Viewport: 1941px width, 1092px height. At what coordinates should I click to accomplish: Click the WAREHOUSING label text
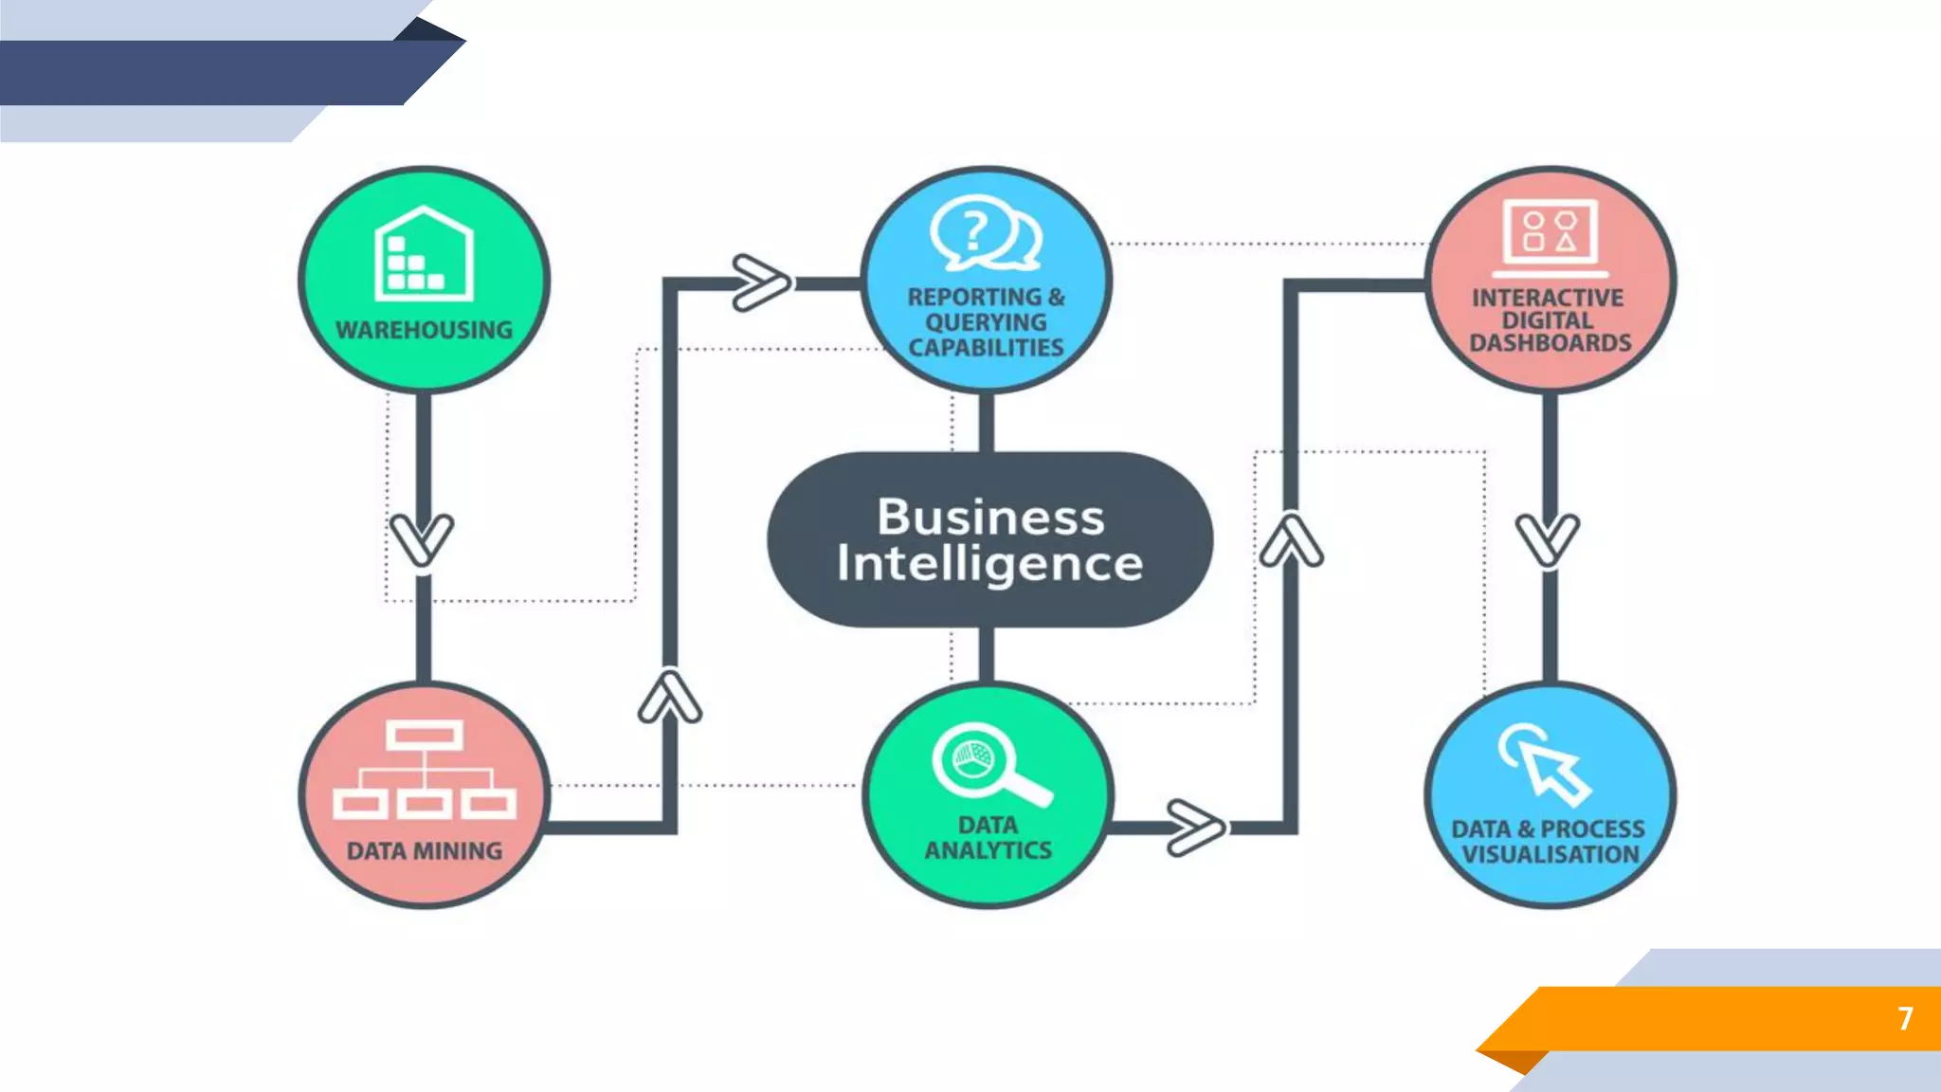(x=424, y=330)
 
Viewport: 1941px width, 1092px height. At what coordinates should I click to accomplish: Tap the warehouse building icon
(x=424, y=252)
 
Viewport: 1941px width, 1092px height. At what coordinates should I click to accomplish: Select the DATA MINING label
(x=424, y=851)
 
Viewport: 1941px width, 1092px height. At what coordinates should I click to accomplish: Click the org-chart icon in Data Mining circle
(x=424, y=769)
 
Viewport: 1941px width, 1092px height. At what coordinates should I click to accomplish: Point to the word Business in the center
(x=990, y=518)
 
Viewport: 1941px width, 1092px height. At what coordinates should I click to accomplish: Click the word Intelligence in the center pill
(x=990, y=563)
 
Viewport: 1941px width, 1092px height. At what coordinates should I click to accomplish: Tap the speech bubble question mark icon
(x=985, y=231)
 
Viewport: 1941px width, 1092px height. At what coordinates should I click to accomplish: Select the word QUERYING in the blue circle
(x=986, y=322)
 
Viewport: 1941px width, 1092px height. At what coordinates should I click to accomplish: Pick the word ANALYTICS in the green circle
(x=988, y=850)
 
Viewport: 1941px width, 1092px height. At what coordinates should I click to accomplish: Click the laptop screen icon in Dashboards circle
(x=1550, y=233)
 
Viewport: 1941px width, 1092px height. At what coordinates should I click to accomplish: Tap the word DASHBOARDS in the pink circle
(x=1550, y=343)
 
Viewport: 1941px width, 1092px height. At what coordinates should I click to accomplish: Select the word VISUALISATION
(x=1550, y=854)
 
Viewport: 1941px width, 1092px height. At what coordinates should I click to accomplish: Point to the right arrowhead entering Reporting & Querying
(x=760, y=282)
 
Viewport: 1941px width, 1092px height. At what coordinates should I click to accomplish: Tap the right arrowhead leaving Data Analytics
(x=1194, y=828)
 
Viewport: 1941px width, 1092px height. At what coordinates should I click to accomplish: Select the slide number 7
(x=1905, y=1018)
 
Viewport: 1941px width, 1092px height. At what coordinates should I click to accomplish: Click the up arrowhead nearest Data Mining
(x=670, y=698)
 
